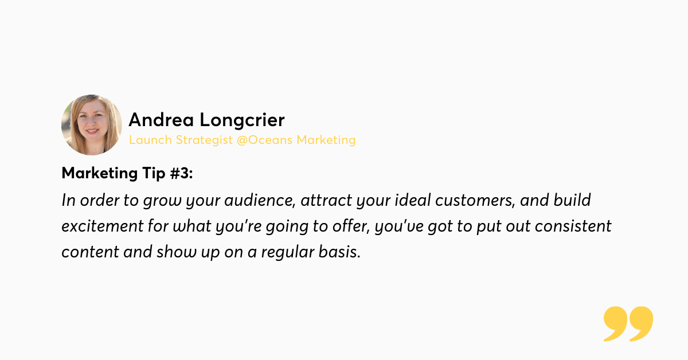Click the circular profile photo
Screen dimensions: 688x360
[x=92, y=125]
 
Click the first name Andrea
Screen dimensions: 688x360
[x=161, y=119]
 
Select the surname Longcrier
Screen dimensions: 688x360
[x=242, y=121]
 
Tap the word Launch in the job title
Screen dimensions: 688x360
[x=150, y=140]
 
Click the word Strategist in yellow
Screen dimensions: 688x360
[x=204, y=140]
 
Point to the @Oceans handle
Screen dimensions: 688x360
[x=264, y=140]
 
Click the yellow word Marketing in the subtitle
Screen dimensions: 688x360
[x=326, y=140]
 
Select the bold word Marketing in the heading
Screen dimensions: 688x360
[x=100, y=173]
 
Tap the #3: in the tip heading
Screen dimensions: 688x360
[x=181, y=173]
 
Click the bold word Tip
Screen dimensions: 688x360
[x=154, y=174]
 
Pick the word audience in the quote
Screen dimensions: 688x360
[x=260, y=200]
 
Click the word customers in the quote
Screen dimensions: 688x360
[x=475, y=200]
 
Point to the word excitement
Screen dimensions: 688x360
[x=103, y=226]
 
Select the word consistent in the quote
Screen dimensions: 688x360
[x=573, y=226]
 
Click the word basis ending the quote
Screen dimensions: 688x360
[x=339, y=252]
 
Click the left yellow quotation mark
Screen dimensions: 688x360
[x=615, y=323]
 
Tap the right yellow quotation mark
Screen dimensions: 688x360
[x=642, y=323]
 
